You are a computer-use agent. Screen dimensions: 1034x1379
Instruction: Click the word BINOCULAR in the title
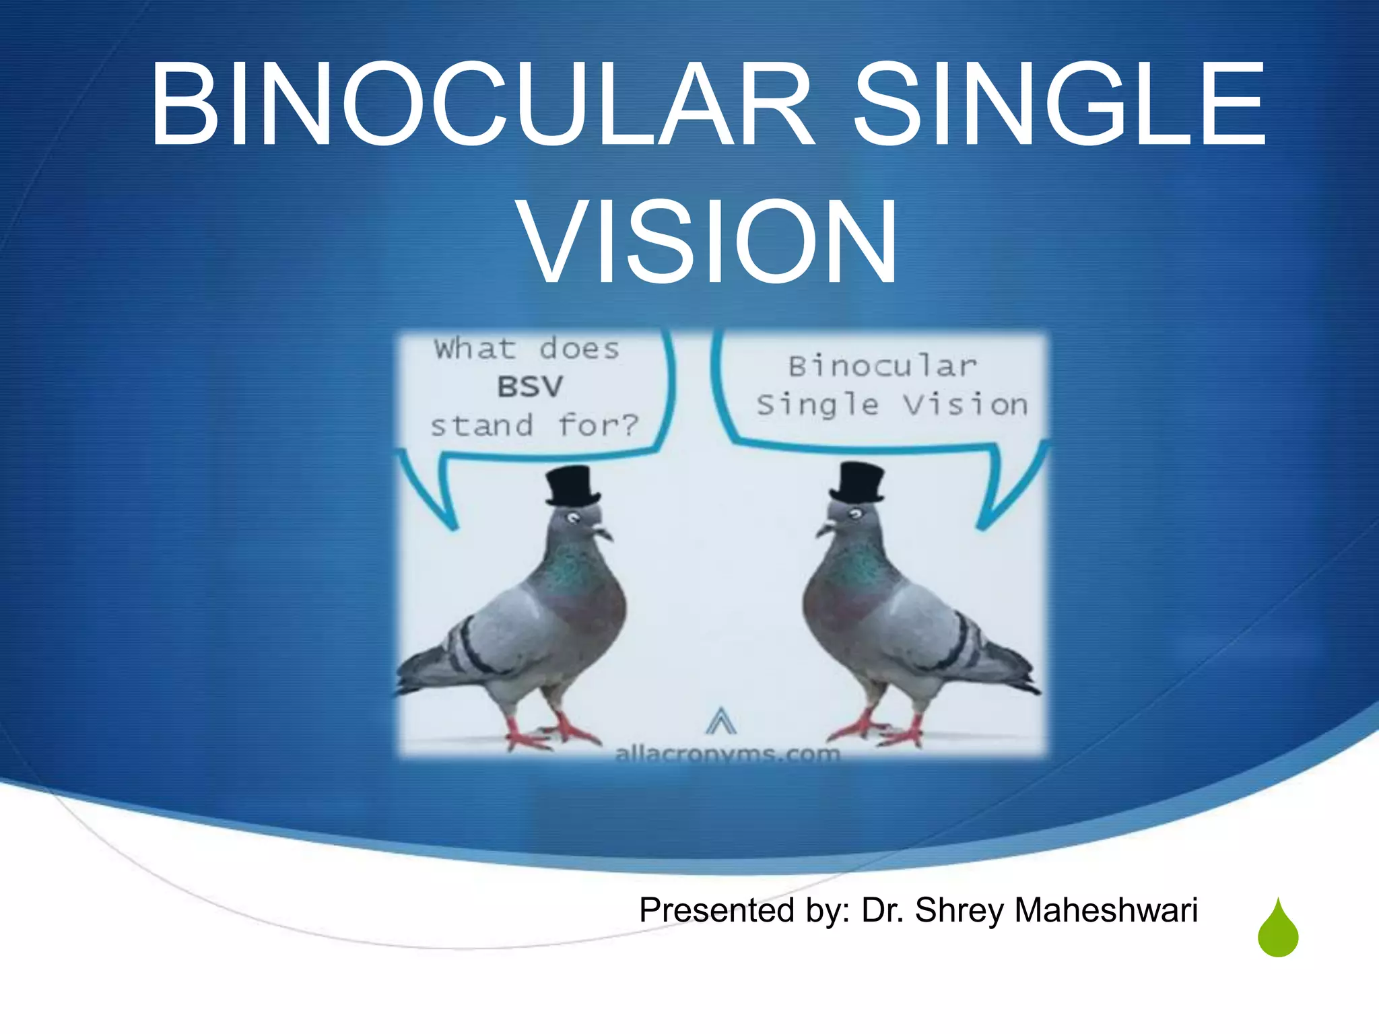481,104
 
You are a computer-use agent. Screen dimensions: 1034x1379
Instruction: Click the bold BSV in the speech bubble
530,387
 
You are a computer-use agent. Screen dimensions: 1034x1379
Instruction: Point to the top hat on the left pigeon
572,486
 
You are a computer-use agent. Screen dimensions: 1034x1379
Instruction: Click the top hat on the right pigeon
857,483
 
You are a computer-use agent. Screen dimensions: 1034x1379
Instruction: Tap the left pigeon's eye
572,518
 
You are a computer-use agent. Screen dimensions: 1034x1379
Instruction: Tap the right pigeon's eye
855,515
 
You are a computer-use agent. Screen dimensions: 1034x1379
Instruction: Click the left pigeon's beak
603,534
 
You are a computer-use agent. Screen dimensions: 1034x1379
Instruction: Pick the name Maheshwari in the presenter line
1106,910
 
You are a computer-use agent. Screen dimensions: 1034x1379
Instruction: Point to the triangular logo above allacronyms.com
720,722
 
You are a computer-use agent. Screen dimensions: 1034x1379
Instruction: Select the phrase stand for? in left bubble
534,425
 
